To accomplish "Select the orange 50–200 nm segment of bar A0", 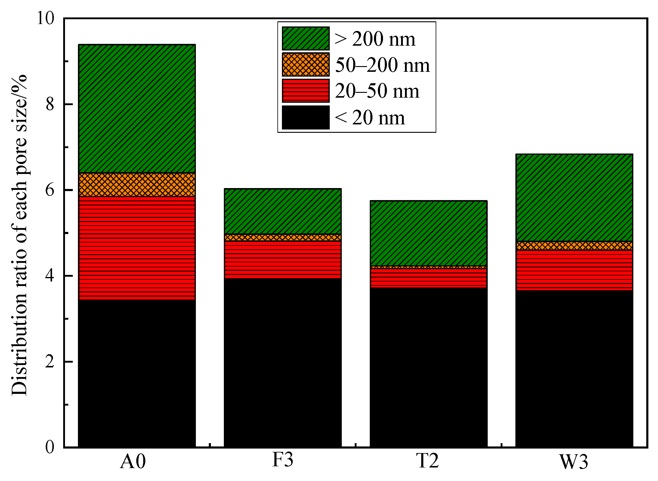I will pos(137,184).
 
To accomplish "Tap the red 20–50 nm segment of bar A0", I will pos(137,248).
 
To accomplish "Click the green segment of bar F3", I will pos(283,211).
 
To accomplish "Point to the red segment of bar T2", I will pos(428,278).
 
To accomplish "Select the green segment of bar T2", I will pos(428,233).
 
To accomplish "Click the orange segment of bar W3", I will pos(574,245).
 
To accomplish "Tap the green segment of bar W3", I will pos(574,197).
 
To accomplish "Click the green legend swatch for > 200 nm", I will pos(306,38).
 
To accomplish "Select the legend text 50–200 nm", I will pos(382,65).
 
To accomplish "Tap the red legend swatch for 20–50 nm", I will pos(306,91).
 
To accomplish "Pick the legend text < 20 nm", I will pos(370,117).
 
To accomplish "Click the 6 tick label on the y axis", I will pos(50,190).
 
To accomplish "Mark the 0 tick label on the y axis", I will pos(50,447).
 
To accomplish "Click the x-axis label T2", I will pos(428,461).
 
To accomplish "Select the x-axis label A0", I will pos(133,461).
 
